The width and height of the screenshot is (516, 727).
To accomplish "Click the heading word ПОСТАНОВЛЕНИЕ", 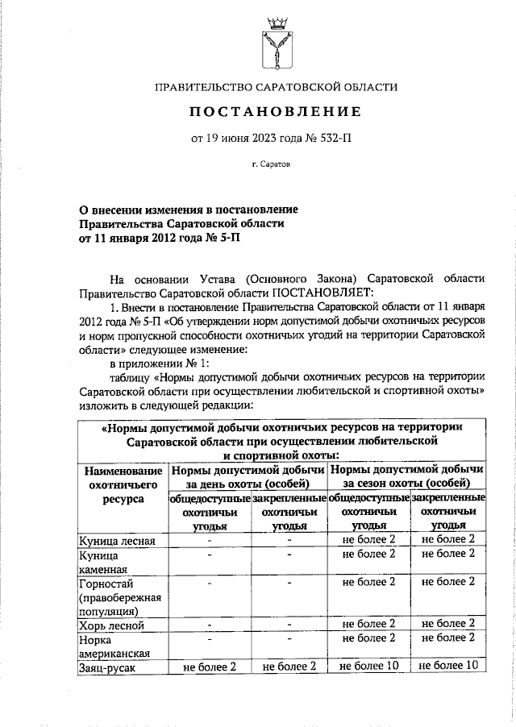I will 277,110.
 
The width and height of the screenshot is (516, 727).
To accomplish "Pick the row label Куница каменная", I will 101,561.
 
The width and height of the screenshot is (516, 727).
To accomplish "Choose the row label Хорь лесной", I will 110,625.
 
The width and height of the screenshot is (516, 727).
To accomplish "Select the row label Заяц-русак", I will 106,667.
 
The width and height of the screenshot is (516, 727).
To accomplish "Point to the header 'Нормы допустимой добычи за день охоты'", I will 247,476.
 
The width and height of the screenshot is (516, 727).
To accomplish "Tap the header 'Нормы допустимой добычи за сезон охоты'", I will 407,476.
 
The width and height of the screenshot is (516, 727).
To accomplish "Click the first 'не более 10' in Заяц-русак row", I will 368,666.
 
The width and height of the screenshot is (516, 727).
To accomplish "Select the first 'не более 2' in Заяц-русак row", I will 209,667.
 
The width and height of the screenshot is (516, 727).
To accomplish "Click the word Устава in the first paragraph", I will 217,277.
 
